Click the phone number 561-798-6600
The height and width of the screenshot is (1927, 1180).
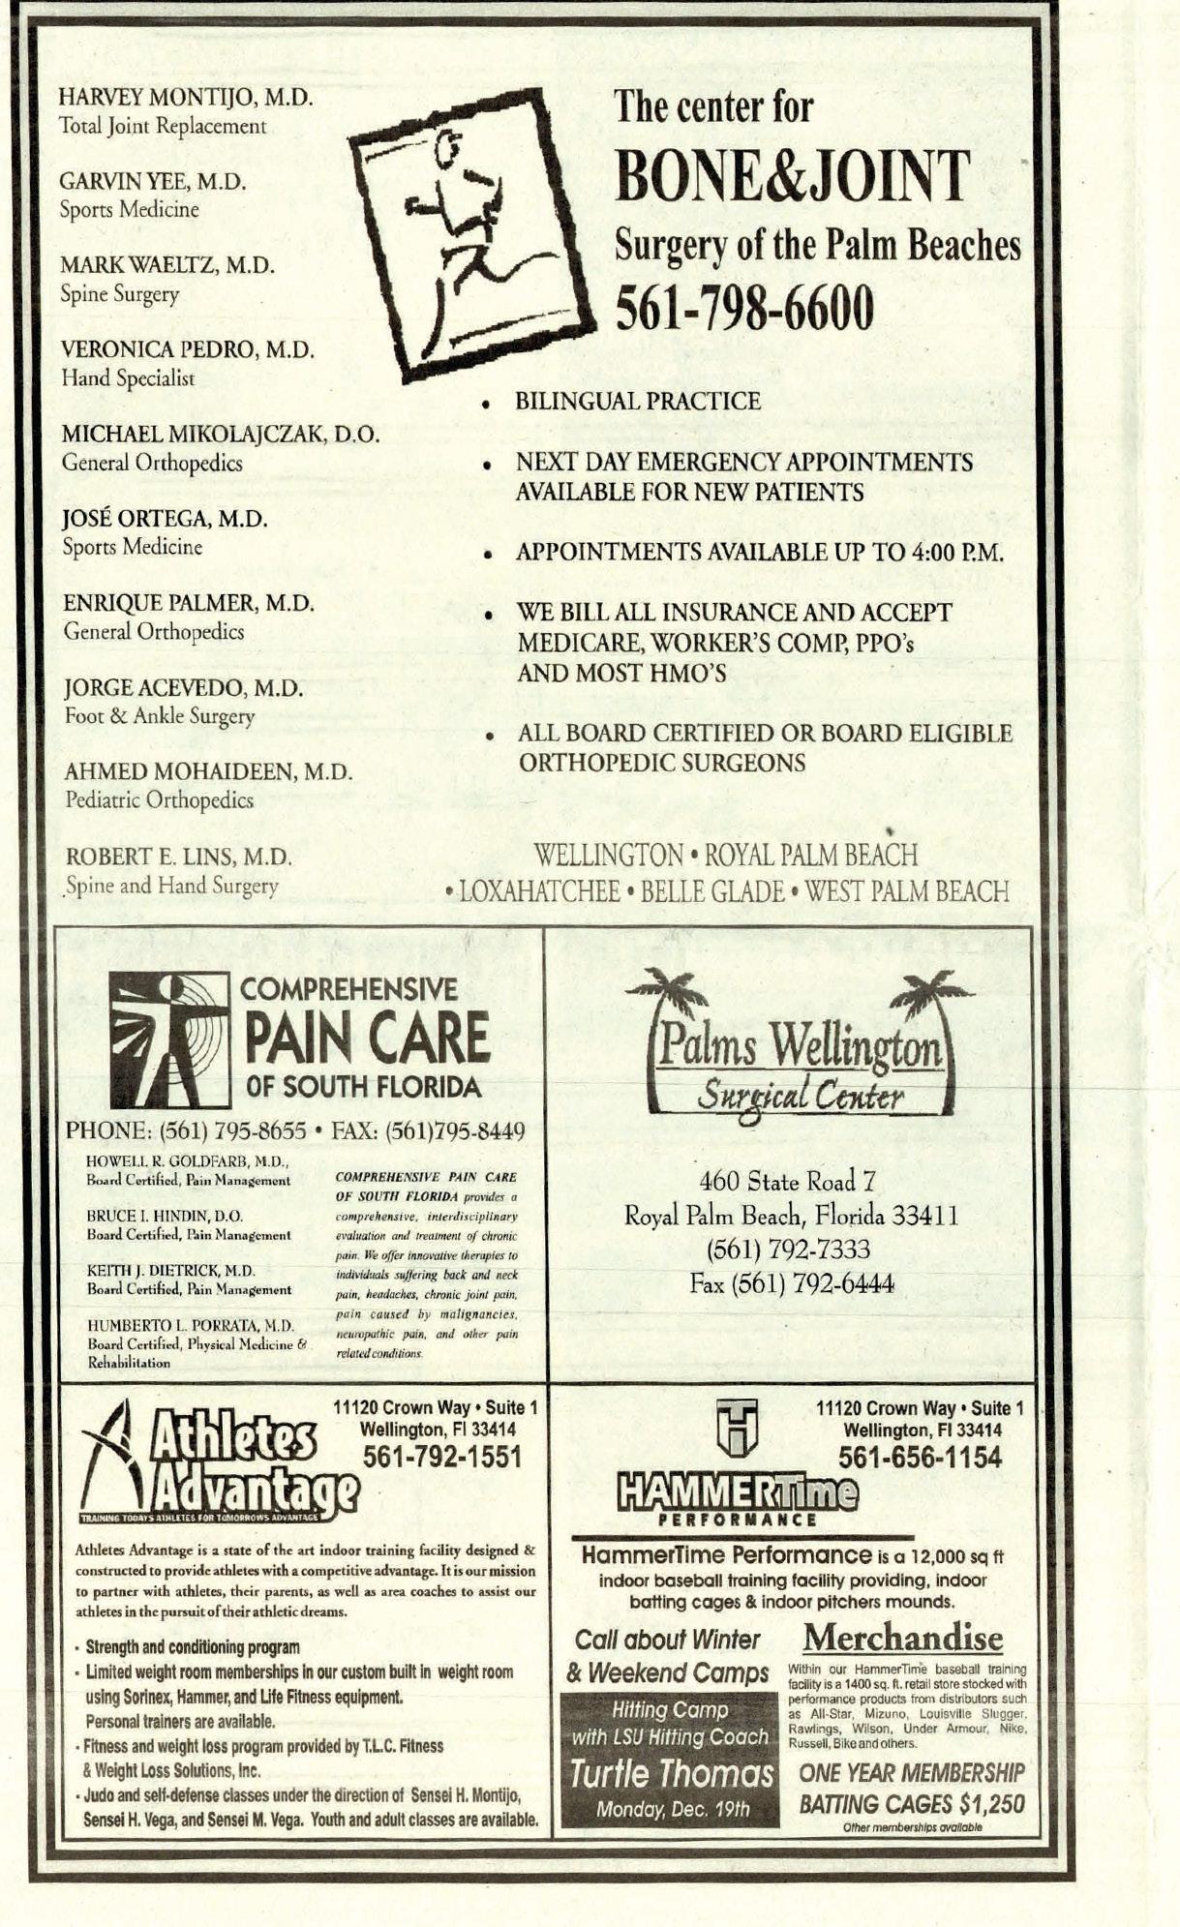tap(744, 308)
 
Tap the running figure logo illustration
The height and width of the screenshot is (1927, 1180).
tap(471, 237)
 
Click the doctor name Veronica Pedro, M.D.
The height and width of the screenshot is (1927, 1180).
tap(188, 350)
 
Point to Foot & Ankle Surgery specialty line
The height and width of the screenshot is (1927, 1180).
tap(160, 717)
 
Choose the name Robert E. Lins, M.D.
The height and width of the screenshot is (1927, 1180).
tap(178, 858)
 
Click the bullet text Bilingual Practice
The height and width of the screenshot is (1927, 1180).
tap(638, 402)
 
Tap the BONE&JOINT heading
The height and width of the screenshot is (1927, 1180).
tap(791, 176)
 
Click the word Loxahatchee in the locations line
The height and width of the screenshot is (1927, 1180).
tap(539, 891)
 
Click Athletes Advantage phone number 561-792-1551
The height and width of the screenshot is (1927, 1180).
tap(441, 1457)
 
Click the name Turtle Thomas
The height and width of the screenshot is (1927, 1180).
tap(671, 1774)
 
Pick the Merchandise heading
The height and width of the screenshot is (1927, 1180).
tap(902, 1637)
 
